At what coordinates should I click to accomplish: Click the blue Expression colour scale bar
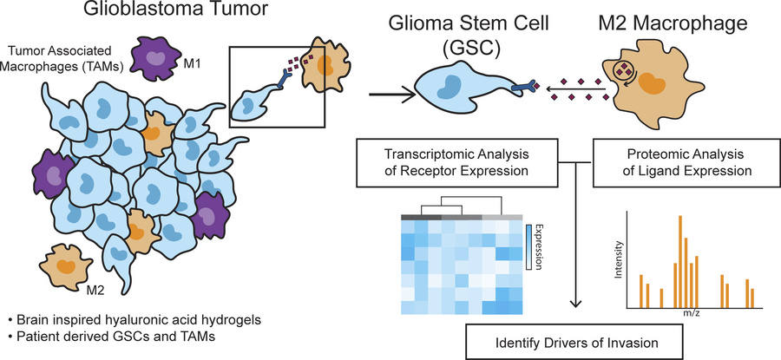point(530,246)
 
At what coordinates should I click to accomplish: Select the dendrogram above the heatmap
point(463,208)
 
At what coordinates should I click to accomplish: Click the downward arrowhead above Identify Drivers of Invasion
point(576,304)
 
